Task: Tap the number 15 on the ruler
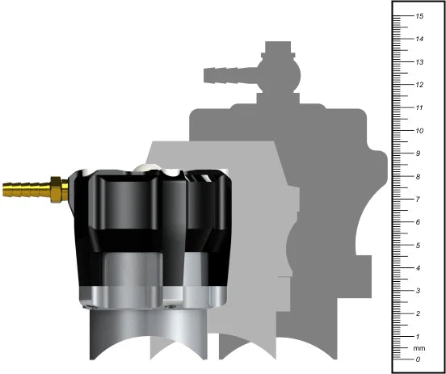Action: pos(419,16)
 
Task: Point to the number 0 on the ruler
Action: pos(418,359)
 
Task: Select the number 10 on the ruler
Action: pos(419,131)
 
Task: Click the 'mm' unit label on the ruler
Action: pos(419,348)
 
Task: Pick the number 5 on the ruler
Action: pos(418,245)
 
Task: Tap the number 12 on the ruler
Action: pos(419,85)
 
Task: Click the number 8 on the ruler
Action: pos(418,176)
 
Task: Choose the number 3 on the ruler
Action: pos(418,291)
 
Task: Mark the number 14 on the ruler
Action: pos(419,39)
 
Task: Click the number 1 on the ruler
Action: pos(418,336)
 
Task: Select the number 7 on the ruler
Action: pos(418,199)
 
